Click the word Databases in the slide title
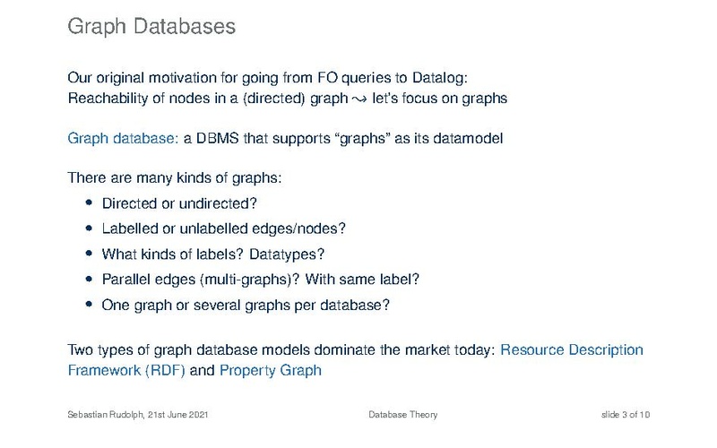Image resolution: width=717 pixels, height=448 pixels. [x=185, y=26]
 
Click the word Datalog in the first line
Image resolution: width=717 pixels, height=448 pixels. [x=440, y=78]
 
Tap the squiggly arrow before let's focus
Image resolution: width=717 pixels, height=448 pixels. [x=360, y=99]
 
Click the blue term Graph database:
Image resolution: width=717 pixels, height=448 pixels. [x=123, y=139]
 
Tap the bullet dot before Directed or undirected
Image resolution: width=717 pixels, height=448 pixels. [x=89, y=202]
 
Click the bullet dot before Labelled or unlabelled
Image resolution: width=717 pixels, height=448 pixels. [x=89, y=228]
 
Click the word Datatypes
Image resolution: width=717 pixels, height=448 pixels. [x=287, y=254]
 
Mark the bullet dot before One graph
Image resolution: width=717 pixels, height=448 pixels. [x=89, y=304]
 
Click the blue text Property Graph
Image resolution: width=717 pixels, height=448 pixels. [x=271, y=370]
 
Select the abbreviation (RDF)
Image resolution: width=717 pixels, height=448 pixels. [x=165, y=370]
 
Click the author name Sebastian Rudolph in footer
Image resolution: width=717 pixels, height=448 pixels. [x=106, y=415]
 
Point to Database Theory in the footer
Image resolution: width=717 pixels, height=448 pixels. [x=402, y=415]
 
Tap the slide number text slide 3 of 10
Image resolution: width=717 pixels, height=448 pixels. [x=625, y=415]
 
